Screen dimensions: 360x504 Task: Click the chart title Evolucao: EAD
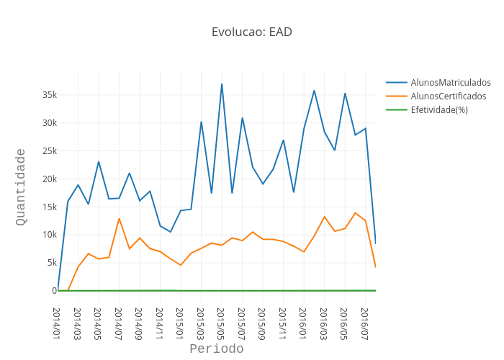pos(251,32)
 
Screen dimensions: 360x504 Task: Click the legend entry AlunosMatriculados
pos(450,83)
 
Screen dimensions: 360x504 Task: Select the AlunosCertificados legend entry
pos(448,96)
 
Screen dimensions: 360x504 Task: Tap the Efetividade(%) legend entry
pos(438,110)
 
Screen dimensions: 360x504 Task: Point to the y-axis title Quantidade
pos(21,186)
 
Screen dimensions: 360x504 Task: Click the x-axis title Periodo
pos(216,349)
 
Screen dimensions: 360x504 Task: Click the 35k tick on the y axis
pos(49,95)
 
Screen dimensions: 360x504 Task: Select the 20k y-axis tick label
pos(49,179)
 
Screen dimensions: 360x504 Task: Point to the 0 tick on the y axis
pos(54,291)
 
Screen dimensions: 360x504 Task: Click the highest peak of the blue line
pos(222,84)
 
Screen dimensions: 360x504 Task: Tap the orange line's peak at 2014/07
pos(119,218)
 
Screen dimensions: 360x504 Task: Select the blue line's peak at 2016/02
pos(314,91)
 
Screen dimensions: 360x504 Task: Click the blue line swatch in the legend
pos(397,83)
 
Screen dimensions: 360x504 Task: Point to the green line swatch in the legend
pos(397,110)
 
